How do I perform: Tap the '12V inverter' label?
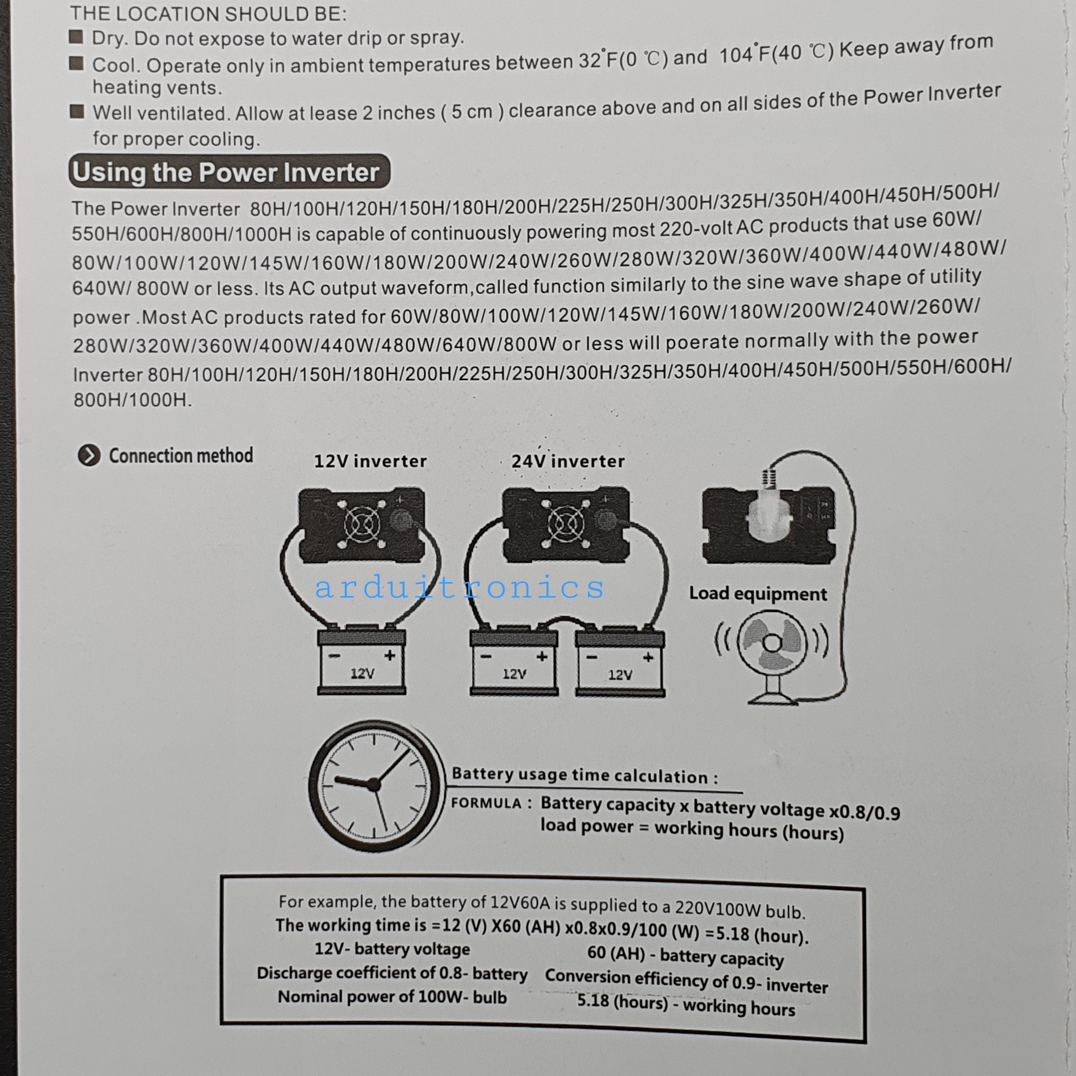(370, 461)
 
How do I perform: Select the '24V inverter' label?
(568, 461)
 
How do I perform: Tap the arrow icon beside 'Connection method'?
(89, 455)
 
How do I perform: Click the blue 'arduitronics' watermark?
(459, 587)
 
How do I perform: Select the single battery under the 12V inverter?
(362, 661)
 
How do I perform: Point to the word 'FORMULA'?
(486, 803)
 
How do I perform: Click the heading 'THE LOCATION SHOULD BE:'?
(208, 14)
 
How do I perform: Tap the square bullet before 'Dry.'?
(76, 37)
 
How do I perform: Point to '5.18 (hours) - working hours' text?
(686, 1004)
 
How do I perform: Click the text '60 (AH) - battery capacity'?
(685, 956)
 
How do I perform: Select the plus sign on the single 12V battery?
(390, 655)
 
